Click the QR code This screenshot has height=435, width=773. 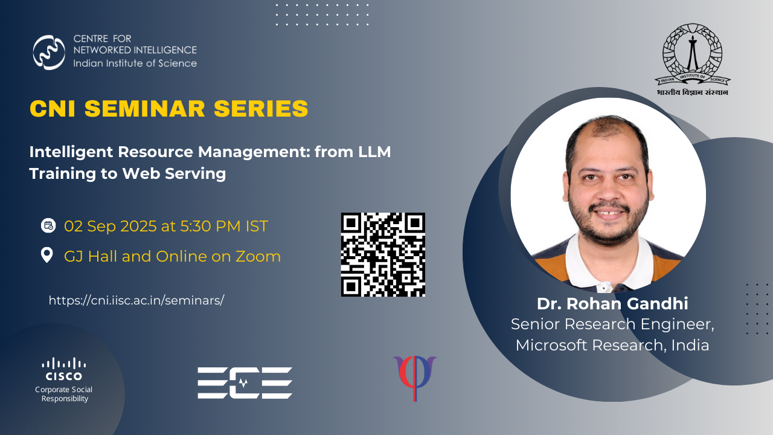pos(383,254)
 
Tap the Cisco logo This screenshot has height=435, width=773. pos(64,369)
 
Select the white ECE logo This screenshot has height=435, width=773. pos(245,383)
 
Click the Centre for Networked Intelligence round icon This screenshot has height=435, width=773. pos(49,52)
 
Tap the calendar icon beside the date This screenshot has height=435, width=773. pos(48,226)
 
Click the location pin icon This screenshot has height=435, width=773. pos(47,255)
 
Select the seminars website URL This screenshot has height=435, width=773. pos(136,300)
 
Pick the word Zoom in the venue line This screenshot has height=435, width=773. pos(258,256)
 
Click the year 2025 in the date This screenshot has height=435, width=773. pos(139,226)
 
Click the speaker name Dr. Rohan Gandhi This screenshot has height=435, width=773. pos(612,304)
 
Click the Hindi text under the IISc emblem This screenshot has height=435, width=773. pos(693,92)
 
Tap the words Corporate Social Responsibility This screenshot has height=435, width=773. pos(64,394)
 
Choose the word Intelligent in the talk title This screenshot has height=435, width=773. pos(71,152)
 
